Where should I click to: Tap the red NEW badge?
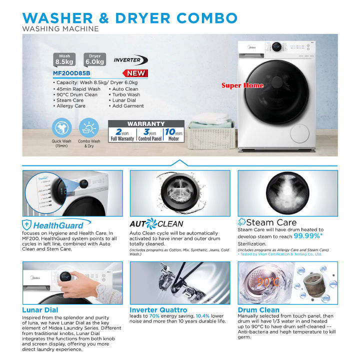pos(136,73)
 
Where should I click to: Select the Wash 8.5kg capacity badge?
pos(64,59)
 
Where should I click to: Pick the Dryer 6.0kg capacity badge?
pos(95,59)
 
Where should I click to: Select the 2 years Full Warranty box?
pos(122,135)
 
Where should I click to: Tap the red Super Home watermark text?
pos(242,85)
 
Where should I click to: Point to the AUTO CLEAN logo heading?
pos(156,224)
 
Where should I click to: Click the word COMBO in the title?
pos(199,17)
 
